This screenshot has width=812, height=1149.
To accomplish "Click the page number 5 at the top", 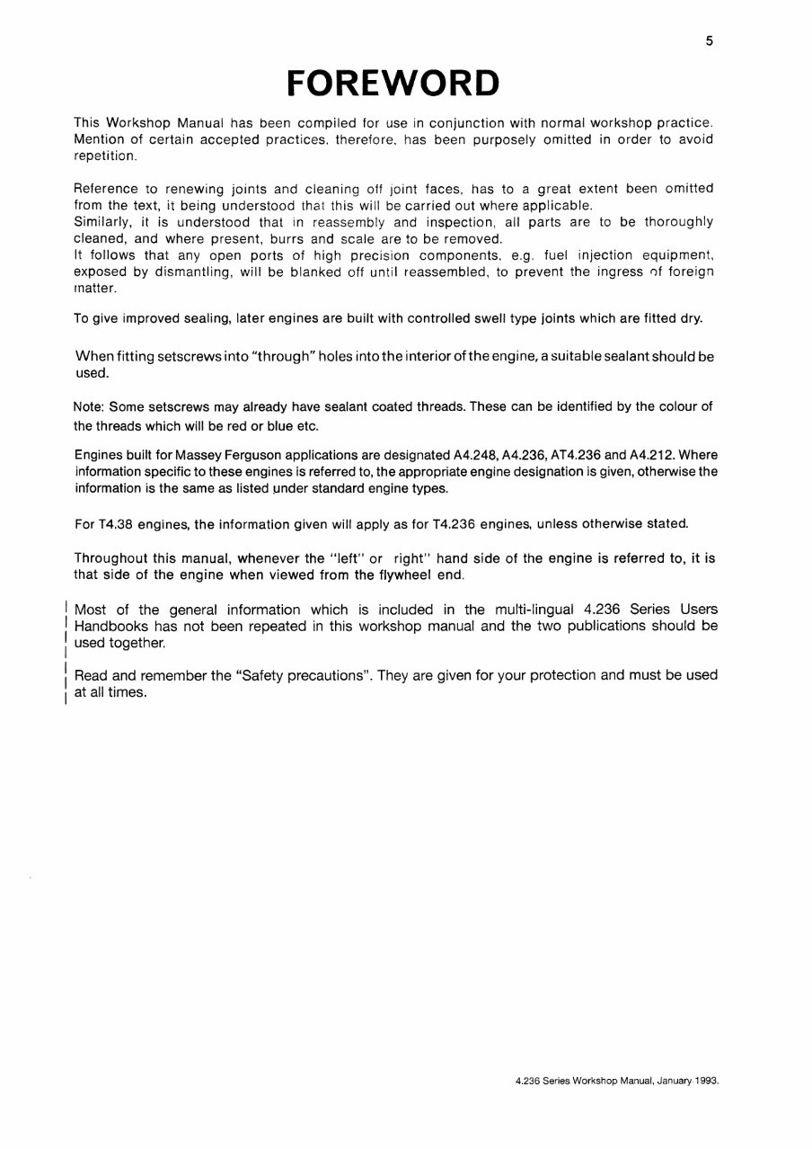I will tap(709, 40).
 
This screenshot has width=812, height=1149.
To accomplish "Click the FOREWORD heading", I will tap(393, 83).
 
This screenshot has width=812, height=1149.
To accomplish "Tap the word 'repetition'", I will tap(104, 156).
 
